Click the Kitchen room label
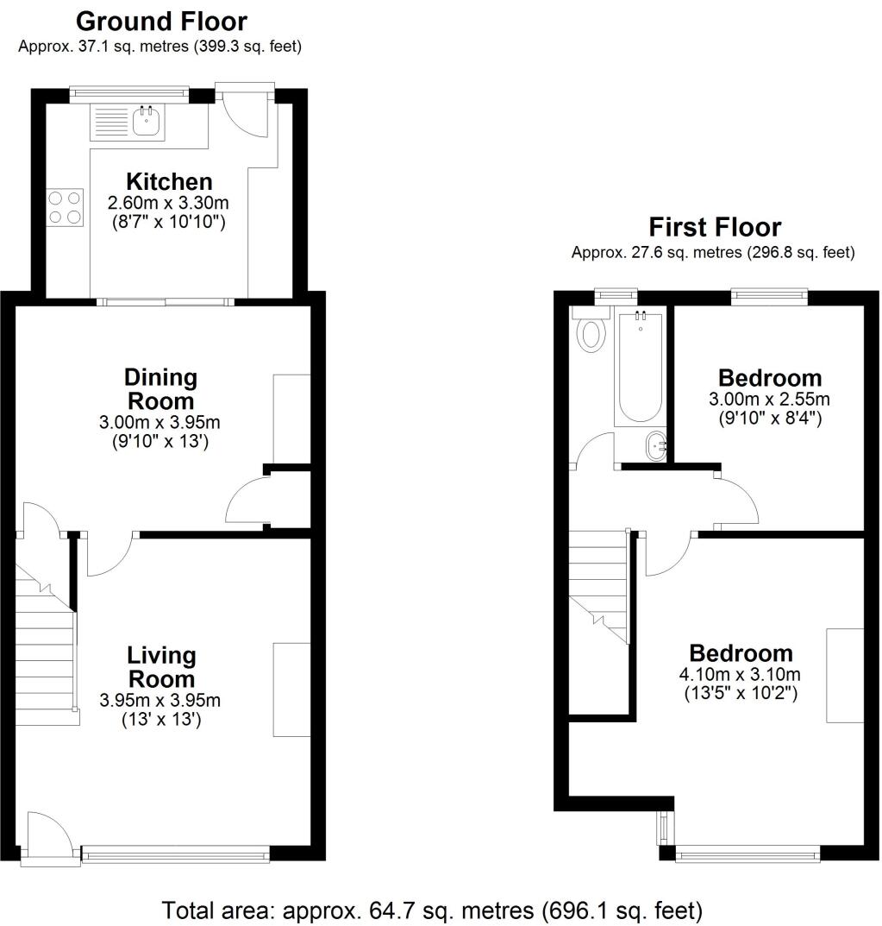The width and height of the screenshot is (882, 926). (x=169, y=182)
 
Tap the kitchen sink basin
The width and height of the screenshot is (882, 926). (x=147, y=122)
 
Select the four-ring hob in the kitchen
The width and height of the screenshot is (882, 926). (x=66, y=208)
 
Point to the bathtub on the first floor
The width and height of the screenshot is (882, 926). (x=640, y=369)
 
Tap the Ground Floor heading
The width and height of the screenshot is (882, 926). (x=161, y=22)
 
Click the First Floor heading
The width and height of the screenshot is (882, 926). (x=715, y=227)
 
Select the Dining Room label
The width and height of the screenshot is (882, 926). (x=160, y=389)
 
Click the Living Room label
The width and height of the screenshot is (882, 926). (x=161, y=667)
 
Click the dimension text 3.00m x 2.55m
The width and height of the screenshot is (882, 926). (x=769, y=400)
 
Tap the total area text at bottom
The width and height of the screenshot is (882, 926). (x=432, y=910)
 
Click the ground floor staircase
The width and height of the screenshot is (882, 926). (x=45, y=656)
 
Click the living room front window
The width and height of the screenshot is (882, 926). (x=175, y=854)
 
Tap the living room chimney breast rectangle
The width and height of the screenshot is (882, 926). (x=291, y=690)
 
